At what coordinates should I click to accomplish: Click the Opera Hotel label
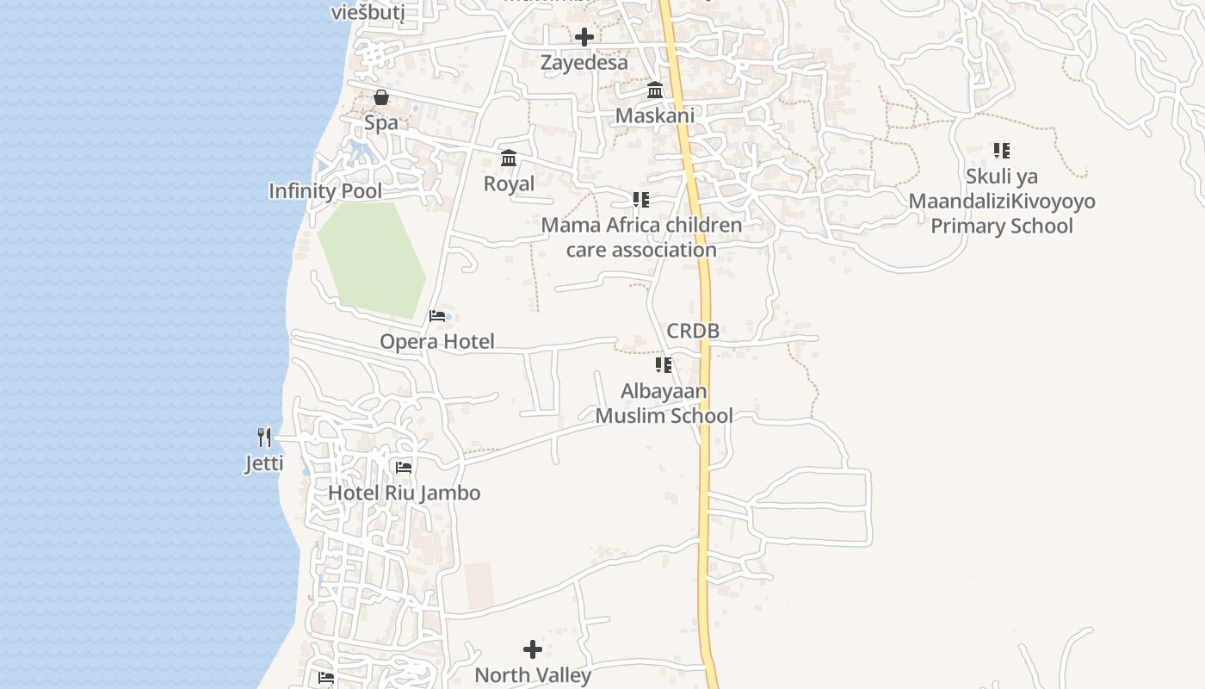(437, 342)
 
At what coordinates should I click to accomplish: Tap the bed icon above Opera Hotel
(437, 316)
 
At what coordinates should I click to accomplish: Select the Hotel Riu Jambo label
(404, 493)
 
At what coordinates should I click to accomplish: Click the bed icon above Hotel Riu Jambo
(403, 468)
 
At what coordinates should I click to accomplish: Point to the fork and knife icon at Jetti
(264, 438)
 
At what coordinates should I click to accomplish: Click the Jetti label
(264, 464)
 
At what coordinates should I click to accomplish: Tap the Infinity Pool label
(325, 191)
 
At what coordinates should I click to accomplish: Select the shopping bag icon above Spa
(381, 97)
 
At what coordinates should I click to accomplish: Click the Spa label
(381, 123)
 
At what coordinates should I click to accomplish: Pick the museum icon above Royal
(509, 158)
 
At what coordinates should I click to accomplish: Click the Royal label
(509, 183)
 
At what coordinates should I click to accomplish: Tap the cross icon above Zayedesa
(584, 37)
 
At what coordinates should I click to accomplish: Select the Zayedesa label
(584, 63)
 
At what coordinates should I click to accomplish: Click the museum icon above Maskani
(655, 90)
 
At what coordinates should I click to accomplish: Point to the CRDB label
(693, 331)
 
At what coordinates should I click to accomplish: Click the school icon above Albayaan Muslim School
(664, 365)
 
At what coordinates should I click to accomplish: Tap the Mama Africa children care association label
(641, 238)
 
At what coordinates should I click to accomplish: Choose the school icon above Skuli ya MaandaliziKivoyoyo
(1001, 151)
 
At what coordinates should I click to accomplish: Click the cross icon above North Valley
(533, 649)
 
